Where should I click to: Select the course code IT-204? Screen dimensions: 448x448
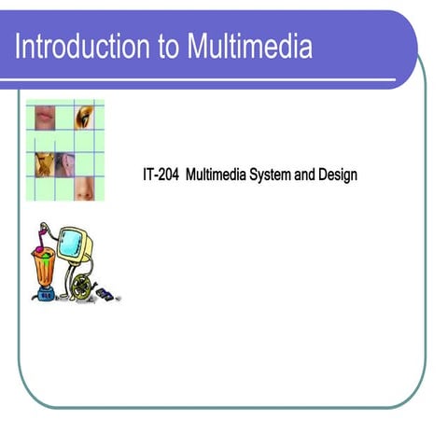coord(161,175)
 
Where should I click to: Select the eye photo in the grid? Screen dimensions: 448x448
coord(85,118)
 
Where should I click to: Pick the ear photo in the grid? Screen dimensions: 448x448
coord(64,164)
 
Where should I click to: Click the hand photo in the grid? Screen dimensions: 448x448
coord(44,164)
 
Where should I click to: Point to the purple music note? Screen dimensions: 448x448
coord(40,231)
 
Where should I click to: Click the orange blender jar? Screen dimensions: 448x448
coord(44,264)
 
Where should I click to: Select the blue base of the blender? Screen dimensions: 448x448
coord(45,295)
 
